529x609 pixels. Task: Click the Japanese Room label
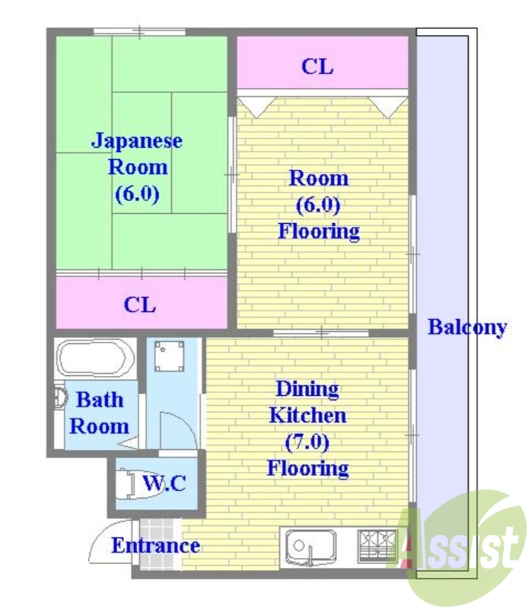point(137,153)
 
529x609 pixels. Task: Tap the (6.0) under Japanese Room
point(137,193)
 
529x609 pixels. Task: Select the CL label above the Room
point(317,66)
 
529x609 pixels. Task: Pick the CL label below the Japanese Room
point(140,304)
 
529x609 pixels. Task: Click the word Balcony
point(467,327)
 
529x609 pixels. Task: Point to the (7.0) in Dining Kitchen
point(308,441)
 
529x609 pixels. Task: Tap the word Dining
point(308,389)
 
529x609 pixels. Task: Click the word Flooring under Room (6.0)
point(319,231)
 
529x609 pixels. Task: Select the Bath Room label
point(99,412)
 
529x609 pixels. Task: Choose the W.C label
point(164,483)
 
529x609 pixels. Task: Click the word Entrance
point(156,545)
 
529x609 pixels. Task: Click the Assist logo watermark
point(464,544)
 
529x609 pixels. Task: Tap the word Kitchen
point(308,415)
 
